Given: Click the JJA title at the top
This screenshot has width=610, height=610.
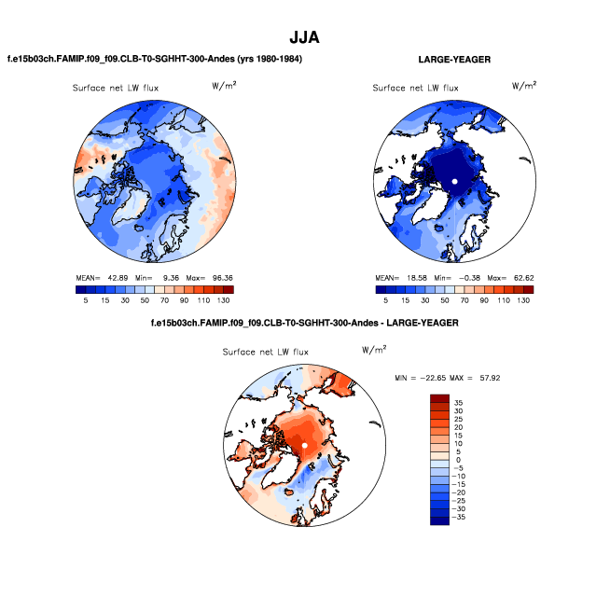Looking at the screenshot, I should tap(305, 37).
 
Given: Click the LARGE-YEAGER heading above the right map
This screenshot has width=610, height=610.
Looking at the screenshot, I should tap(454, 60).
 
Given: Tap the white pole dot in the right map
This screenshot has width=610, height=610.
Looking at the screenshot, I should tap(454, 180).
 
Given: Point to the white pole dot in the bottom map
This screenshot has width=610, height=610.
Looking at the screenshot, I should tap(305, 446).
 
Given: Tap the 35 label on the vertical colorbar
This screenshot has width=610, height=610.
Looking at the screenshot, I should tap(460, 402).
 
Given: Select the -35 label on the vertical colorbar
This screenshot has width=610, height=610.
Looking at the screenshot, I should tap(462, 517).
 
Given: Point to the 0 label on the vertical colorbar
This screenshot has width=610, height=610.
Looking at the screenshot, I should tap(458, 460).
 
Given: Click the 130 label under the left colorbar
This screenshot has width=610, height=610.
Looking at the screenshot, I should tap(223, 300).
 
